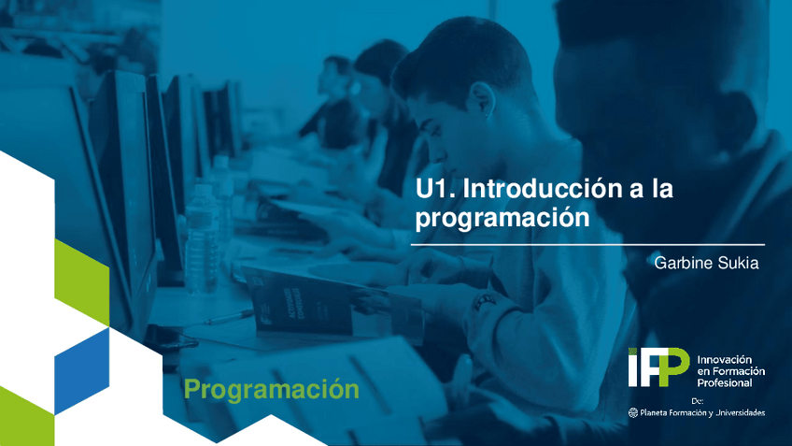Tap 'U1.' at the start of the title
pyautogui.click(x=435, y=189)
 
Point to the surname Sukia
pyautogui.click(x=740, y=263)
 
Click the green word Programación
pyautogui.click(x=271, y=389)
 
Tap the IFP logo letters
pyautogui.click(x=658, y=367)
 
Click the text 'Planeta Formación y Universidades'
pyautogui.click(x=702, y=412)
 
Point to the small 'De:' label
pyautogui.click(x=698, y=400)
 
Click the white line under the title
pyautogui.click(x=587, y=244)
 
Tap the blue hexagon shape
pyautogui.click(x=82, y=368)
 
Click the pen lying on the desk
pyautogui.click(x=228, y=317)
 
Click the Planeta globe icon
pyautogui.click(x=633, y=412)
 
